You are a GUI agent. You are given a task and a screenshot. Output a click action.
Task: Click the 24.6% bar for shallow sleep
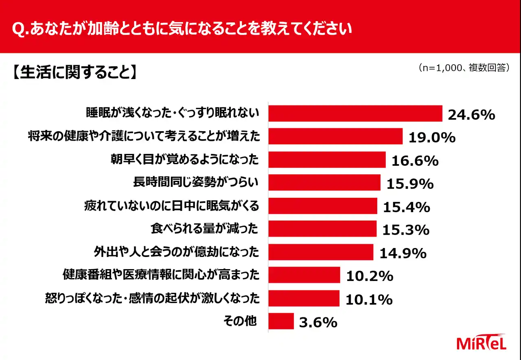coord(355,114)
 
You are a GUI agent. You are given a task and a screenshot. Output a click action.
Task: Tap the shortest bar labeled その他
coord(281,321)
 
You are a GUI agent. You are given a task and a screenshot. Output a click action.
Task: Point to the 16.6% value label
coord(415,161)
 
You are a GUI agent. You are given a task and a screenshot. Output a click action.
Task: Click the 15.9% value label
coord(410,184)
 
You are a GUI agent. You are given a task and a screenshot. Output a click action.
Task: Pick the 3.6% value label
coord(318,323)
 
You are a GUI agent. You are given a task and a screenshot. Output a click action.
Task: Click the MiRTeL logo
coord(482,342)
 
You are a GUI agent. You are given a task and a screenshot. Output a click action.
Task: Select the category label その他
coord(240,321)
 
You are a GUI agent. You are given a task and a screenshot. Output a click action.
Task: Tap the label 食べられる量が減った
coord(204,229)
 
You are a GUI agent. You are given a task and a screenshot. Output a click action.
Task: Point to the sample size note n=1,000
coord(464,68)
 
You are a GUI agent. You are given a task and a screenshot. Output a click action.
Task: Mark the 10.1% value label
coord(369,299)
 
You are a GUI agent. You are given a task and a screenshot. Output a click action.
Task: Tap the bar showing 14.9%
coord(321,252)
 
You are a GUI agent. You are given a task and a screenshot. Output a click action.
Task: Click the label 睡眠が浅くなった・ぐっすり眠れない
coord(173,113)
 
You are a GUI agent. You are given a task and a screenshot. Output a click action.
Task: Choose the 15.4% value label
coord(406,207)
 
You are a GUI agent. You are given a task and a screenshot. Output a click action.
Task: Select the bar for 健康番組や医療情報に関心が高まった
coord(304,275)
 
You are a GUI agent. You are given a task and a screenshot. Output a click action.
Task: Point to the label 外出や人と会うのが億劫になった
coord(176,252)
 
